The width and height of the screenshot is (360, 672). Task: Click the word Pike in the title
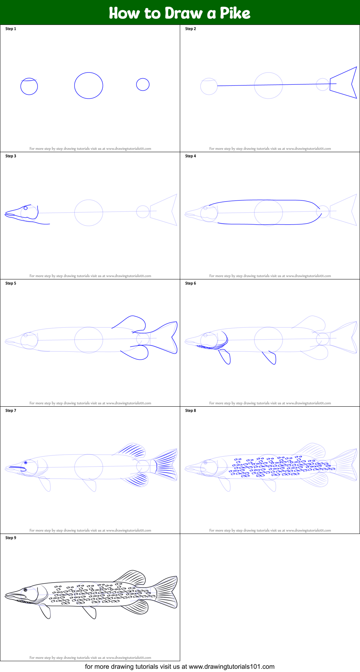[x=235, y=13]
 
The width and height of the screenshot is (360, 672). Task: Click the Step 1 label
[x=11, y=29]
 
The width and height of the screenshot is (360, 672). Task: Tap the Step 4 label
[x=191, y=156]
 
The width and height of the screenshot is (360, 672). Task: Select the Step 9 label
[x=11, y=538]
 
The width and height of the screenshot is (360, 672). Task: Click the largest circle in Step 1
[x=89, y=85]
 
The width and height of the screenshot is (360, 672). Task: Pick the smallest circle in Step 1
[x=143, y=84]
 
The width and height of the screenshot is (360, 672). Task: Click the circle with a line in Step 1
[x=29, y=87]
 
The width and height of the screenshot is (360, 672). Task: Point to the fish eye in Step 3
[x=26, y=208]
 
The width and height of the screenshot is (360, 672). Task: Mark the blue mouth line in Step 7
[x=17, y=467]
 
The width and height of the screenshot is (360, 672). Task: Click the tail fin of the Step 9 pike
[x=166, y=592]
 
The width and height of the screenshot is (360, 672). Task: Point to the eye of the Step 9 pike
[x=26, y=590]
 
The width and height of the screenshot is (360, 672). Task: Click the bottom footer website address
[x=231, y=667]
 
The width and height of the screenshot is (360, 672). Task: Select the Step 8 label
[x=191, y=410]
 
